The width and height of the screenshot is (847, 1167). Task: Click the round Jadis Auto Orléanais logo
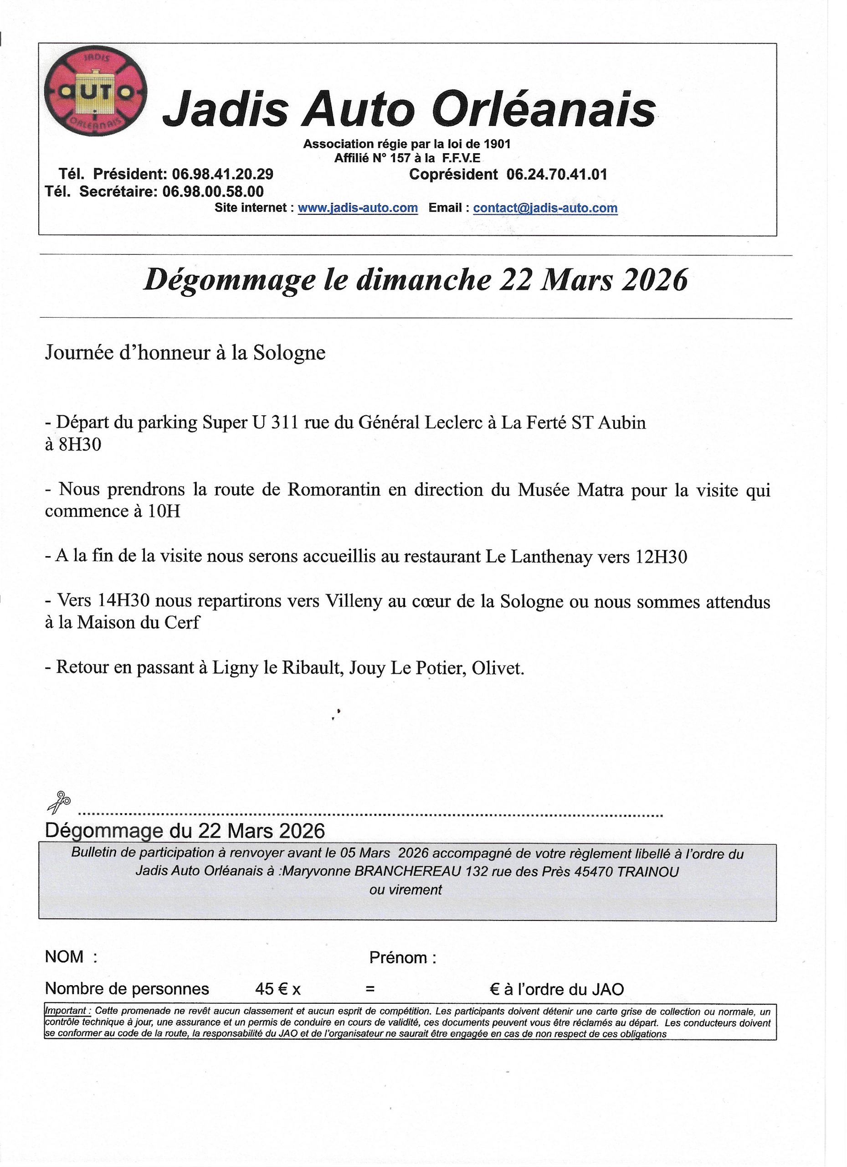tap(96, 91)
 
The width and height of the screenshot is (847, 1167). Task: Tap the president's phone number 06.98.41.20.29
tap(222, 174)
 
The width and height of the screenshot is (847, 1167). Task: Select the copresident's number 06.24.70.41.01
tap(556, 175)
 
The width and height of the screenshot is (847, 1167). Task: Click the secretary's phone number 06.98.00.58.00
tap(213, 191)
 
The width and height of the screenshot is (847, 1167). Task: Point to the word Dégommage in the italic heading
tap(229, 280)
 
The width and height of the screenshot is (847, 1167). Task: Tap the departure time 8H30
tap(79, 444)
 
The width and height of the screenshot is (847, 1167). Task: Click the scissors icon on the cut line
tap(59, 802)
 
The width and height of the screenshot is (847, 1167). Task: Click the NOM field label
tap(65, 956)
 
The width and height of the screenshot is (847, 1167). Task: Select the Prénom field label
tap(403, 958)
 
